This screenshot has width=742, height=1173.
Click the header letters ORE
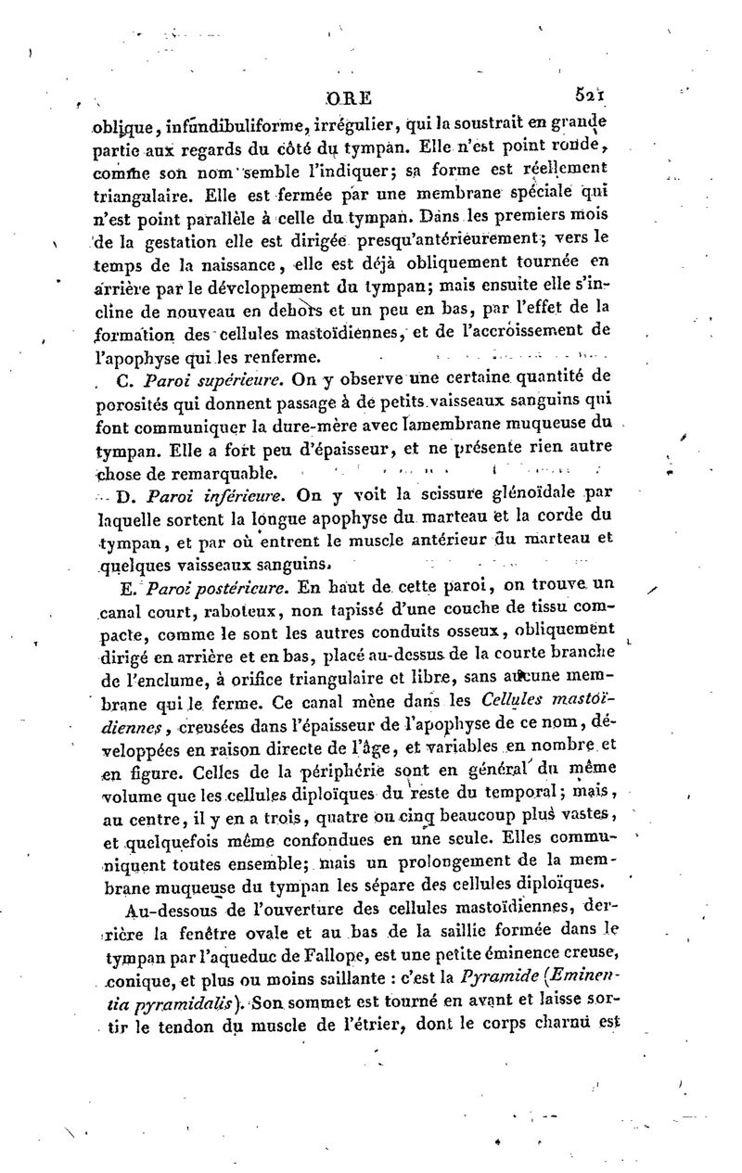pyautogui.click(x=350, y=97)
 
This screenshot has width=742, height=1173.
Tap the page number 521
pyautogui.click(x=592, y=94)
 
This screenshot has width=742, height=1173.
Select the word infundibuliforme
pyautogui.click(x=201, y=125)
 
